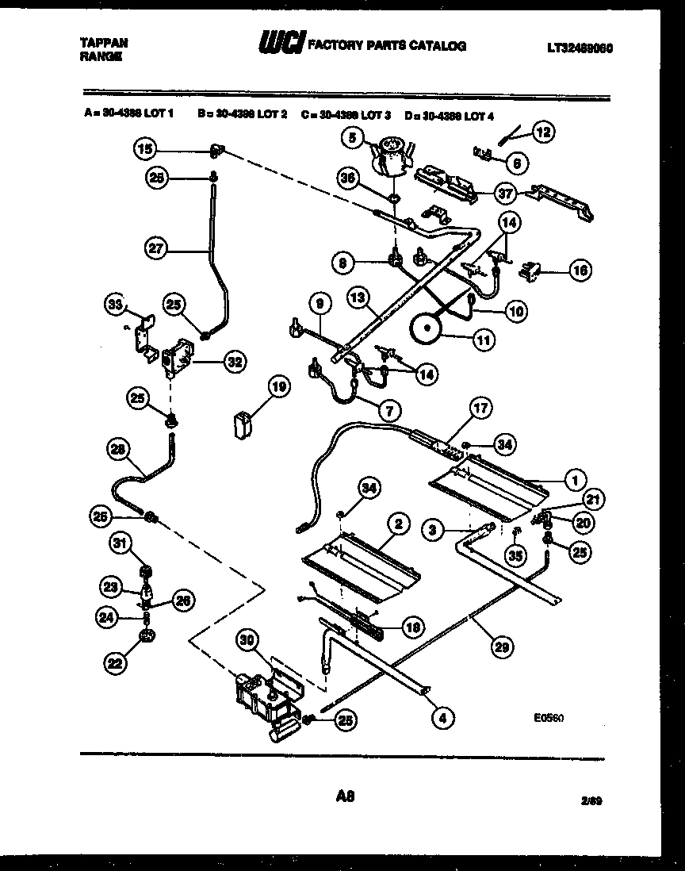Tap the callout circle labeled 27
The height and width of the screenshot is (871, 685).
coord(157,248)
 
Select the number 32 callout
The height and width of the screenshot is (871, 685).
coord(233,362)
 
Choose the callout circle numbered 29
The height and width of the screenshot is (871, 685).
coord(500,647)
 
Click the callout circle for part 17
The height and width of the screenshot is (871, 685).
coord(480,409)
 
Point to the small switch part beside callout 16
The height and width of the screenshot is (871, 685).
coord(530,272)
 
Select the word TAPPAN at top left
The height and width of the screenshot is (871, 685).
coord(104,42)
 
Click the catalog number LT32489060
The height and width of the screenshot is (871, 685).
coord(580,48)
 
